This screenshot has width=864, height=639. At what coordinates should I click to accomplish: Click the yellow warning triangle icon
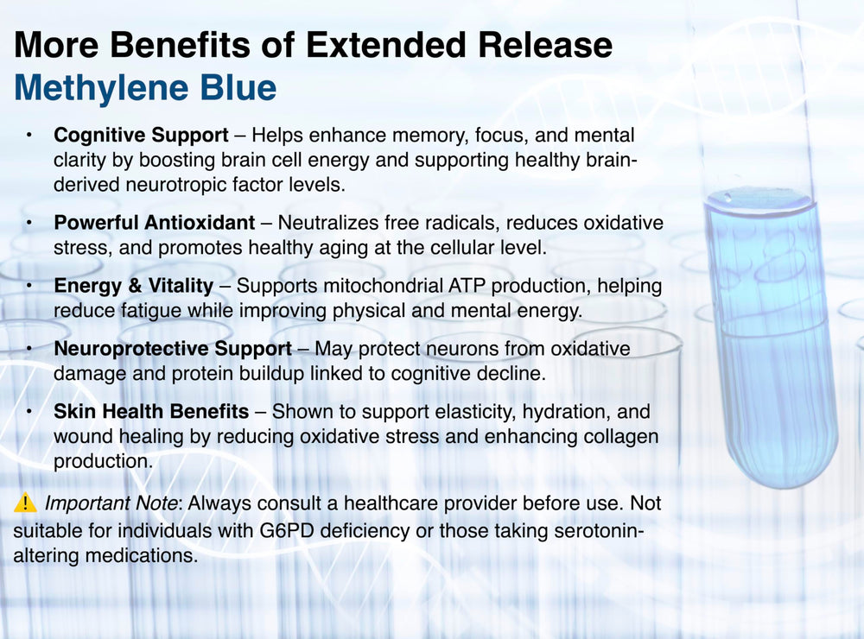point(25,503)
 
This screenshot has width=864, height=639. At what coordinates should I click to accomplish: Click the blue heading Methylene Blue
point(145,88)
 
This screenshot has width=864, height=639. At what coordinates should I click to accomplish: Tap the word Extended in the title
point(386,45)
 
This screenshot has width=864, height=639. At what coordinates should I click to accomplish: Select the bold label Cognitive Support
point(141,136)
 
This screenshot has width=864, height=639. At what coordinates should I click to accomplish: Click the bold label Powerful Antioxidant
point(155,223)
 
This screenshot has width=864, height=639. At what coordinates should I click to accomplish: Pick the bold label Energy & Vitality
point(133,286)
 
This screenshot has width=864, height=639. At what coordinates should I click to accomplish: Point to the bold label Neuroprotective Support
point(173,349)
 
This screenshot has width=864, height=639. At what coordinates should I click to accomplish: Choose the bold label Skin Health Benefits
point(151,412)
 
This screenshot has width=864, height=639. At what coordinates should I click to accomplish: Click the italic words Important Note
point(111,503)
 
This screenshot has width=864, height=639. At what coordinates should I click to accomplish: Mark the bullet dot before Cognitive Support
point(29,136)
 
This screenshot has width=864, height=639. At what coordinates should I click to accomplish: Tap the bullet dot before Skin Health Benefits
point(29,412)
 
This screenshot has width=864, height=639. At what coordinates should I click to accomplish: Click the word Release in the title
point(545,45)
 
